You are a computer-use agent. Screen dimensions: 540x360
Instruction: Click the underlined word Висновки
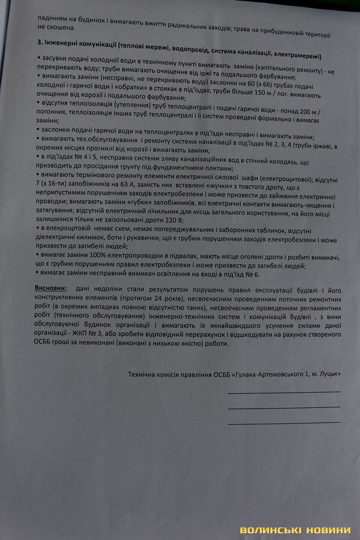pos(51,290)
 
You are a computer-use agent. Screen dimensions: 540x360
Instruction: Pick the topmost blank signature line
pos(284,392)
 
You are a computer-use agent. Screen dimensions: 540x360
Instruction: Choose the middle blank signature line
pos(284,407)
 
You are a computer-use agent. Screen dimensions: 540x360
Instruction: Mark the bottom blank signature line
pos(284,422)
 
